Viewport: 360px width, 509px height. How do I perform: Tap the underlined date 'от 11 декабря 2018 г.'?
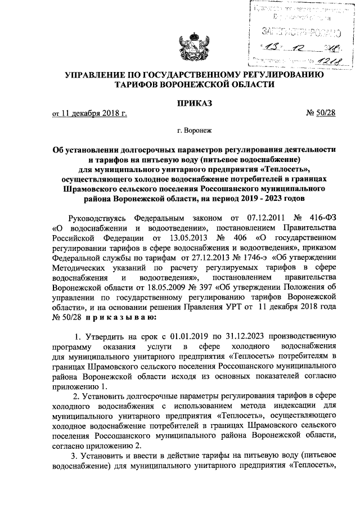pos(89,114)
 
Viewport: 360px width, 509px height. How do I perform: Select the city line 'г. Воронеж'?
pos(194,130)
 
